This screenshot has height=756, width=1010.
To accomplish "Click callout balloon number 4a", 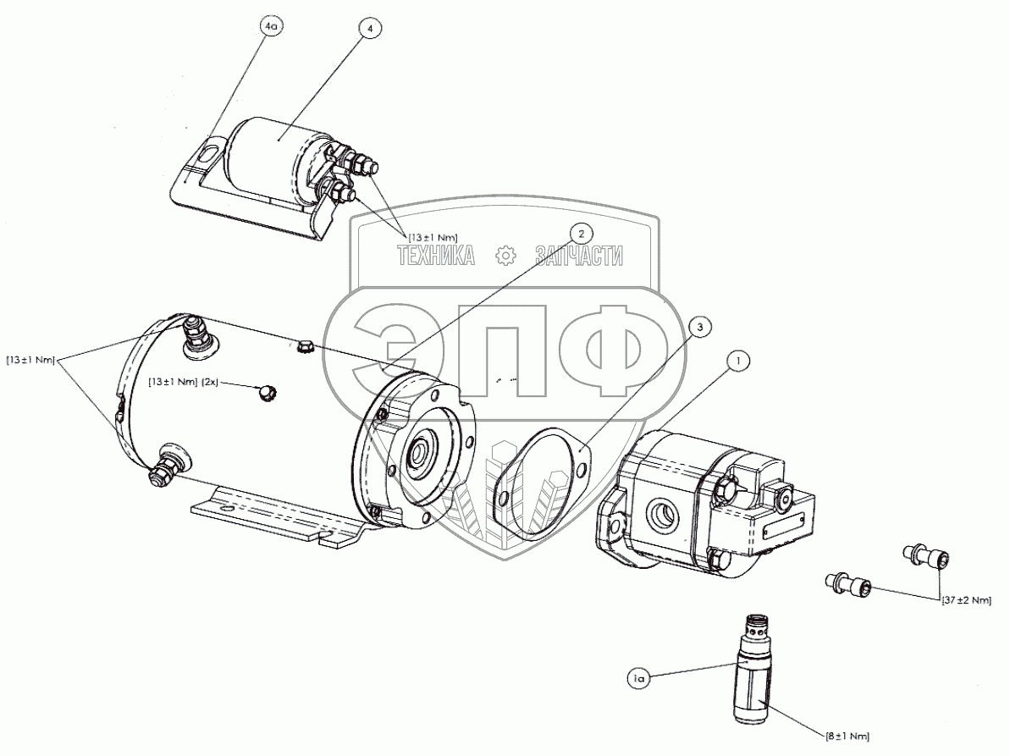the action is (271, 27).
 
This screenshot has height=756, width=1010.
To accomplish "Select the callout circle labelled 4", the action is (369, 27).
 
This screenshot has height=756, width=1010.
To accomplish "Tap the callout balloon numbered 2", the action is (581, 231).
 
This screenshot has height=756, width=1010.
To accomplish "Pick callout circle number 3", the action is (699, 326).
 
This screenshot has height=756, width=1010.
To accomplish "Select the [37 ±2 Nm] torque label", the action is (967, 600).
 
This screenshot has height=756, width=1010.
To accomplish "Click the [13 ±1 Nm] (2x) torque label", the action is (184, 383).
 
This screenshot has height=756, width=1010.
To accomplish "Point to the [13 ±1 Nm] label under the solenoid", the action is (433, 238).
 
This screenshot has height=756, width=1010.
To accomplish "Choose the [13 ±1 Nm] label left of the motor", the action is (30, 360).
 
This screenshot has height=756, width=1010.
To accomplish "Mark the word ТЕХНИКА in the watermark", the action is (436, 255).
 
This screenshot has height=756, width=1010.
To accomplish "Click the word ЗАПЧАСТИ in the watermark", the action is (578, 255).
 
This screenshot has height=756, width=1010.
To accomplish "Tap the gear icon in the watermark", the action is (505, 255).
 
